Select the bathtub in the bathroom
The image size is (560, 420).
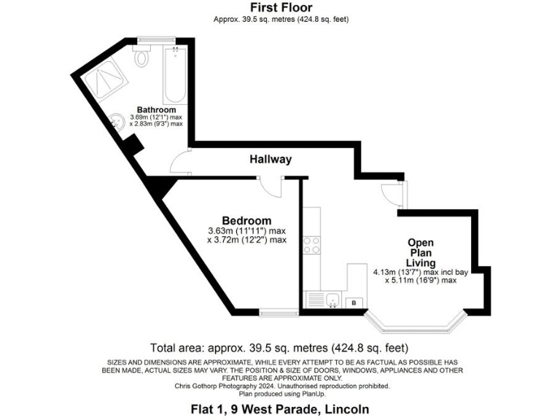175,76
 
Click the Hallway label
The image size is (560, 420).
271,159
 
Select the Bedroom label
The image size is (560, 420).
246,220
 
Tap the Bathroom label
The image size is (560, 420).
156,109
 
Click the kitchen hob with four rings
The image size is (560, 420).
312,244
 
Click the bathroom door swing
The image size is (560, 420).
182,163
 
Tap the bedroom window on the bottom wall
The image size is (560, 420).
273,314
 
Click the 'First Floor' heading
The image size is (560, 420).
280,8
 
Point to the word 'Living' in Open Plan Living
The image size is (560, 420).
421,262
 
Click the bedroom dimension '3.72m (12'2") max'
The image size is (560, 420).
246,239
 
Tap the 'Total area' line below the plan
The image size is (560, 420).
279,348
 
